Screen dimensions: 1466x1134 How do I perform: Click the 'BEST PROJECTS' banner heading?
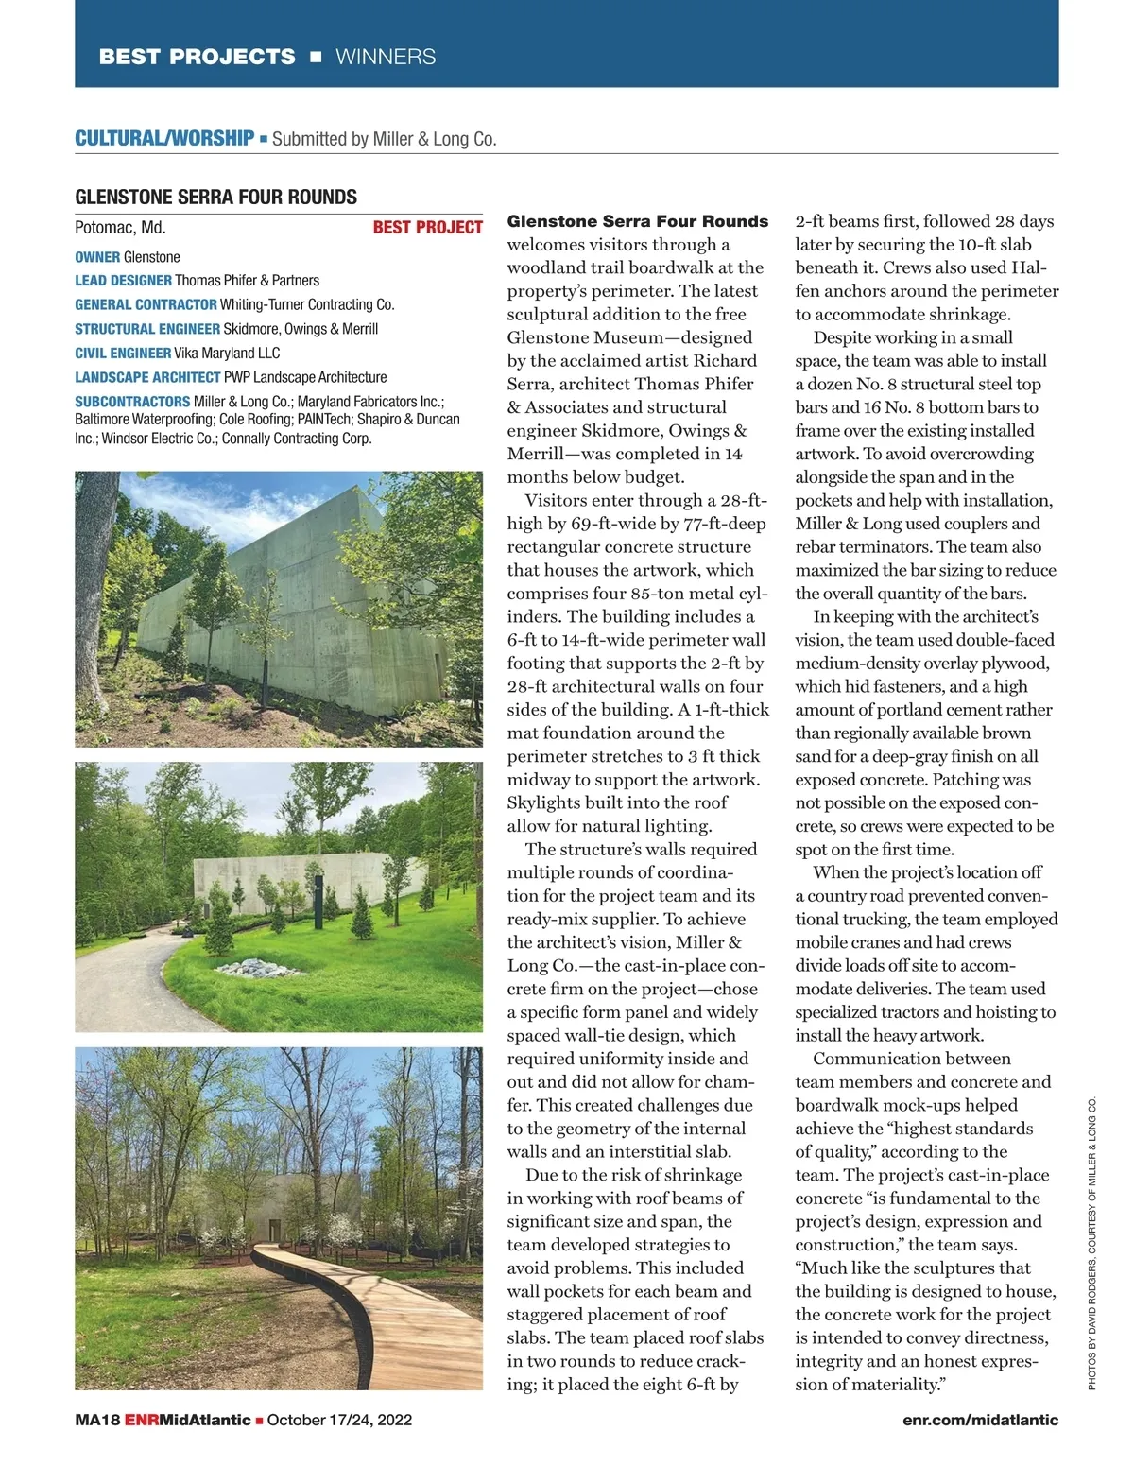[x=197, y=57]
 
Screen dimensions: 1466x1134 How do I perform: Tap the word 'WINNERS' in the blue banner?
[x=386, y=57]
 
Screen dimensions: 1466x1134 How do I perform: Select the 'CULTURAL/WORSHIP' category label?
[x=164, y=138]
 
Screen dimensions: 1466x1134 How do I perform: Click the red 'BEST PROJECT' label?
[x=427, y=227]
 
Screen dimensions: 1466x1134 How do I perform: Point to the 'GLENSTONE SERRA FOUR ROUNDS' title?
[x=215, y=197]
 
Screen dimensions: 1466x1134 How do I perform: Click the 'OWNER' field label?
[x=97, y=257]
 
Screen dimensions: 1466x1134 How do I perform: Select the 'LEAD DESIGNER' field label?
[x=123, y=281]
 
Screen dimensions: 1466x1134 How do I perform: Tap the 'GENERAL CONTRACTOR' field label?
[x=146, y=304]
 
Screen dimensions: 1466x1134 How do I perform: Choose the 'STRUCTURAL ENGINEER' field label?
[x=147, y=329]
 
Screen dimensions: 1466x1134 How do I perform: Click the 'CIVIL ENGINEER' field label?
[x=123, y=353]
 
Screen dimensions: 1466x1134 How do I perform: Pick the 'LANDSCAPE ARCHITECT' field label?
[x=147, y=377]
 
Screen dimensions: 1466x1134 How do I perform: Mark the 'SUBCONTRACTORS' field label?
[x=132, y=402]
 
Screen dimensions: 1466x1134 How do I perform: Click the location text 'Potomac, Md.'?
[x=120, y=227]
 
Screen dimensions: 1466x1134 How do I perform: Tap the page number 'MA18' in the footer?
[x=97, y=1420]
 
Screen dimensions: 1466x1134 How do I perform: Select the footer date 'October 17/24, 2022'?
[x=339, y=1420]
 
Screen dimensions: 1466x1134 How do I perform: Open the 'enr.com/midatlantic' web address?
[x=980, y=1420]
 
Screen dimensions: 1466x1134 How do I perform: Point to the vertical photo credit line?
[x=1092, y=1243]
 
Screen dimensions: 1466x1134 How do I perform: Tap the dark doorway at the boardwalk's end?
[x=274, y=1230]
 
